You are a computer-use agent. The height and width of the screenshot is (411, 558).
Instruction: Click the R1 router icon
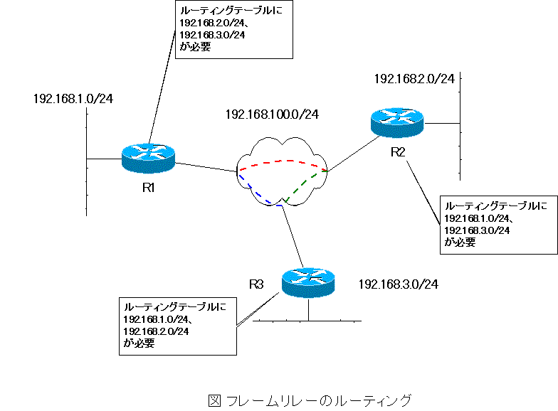point(147,158)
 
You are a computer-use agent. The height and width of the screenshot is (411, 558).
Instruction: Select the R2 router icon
point(397,123)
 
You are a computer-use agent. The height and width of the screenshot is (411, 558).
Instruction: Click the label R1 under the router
point(148,188)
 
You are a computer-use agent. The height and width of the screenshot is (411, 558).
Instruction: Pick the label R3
point(257,284)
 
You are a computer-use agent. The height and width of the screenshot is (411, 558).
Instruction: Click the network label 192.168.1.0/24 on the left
point(73,99)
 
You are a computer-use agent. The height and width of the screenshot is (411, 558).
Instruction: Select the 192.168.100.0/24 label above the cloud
point(272,114)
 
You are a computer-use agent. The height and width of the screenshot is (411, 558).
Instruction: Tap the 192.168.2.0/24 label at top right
point(414,79)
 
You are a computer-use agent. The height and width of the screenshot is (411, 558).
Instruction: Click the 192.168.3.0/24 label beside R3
point(398,284)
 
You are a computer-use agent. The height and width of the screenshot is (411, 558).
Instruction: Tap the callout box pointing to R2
point(499,224)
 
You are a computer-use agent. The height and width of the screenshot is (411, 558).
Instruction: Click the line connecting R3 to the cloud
point(294,234)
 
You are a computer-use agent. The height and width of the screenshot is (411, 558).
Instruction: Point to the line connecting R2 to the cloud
point(351,154)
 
